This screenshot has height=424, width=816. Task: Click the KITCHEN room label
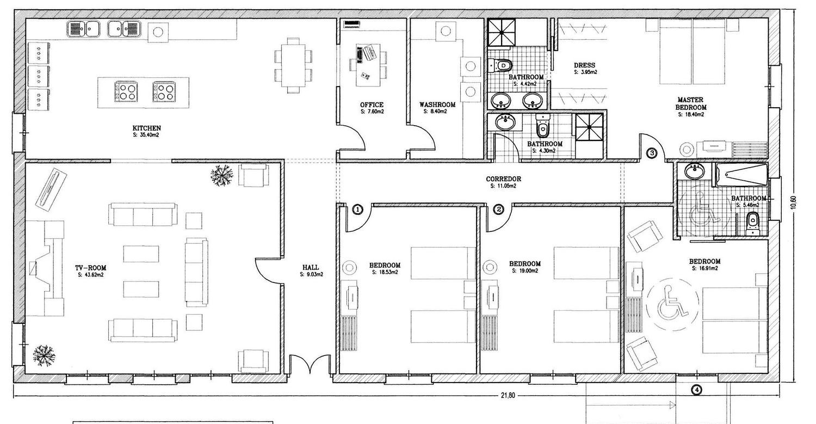146,128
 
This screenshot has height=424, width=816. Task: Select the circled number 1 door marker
358,209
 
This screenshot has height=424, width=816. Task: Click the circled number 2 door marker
499,209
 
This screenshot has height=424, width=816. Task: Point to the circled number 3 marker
652,153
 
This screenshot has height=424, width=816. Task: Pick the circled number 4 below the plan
696,390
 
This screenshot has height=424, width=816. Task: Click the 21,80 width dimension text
508,396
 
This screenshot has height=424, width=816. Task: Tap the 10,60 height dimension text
793,202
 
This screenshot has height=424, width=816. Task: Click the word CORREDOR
503,179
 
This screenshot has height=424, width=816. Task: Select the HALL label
311,267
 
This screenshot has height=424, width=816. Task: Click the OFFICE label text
372,105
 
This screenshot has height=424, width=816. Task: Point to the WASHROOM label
437,105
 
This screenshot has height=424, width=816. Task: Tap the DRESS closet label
584,65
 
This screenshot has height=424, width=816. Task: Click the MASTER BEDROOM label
691,103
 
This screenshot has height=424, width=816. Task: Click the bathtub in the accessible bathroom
741,175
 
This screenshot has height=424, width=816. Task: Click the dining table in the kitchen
293,65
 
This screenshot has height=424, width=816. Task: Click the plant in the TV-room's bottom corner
44,355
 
